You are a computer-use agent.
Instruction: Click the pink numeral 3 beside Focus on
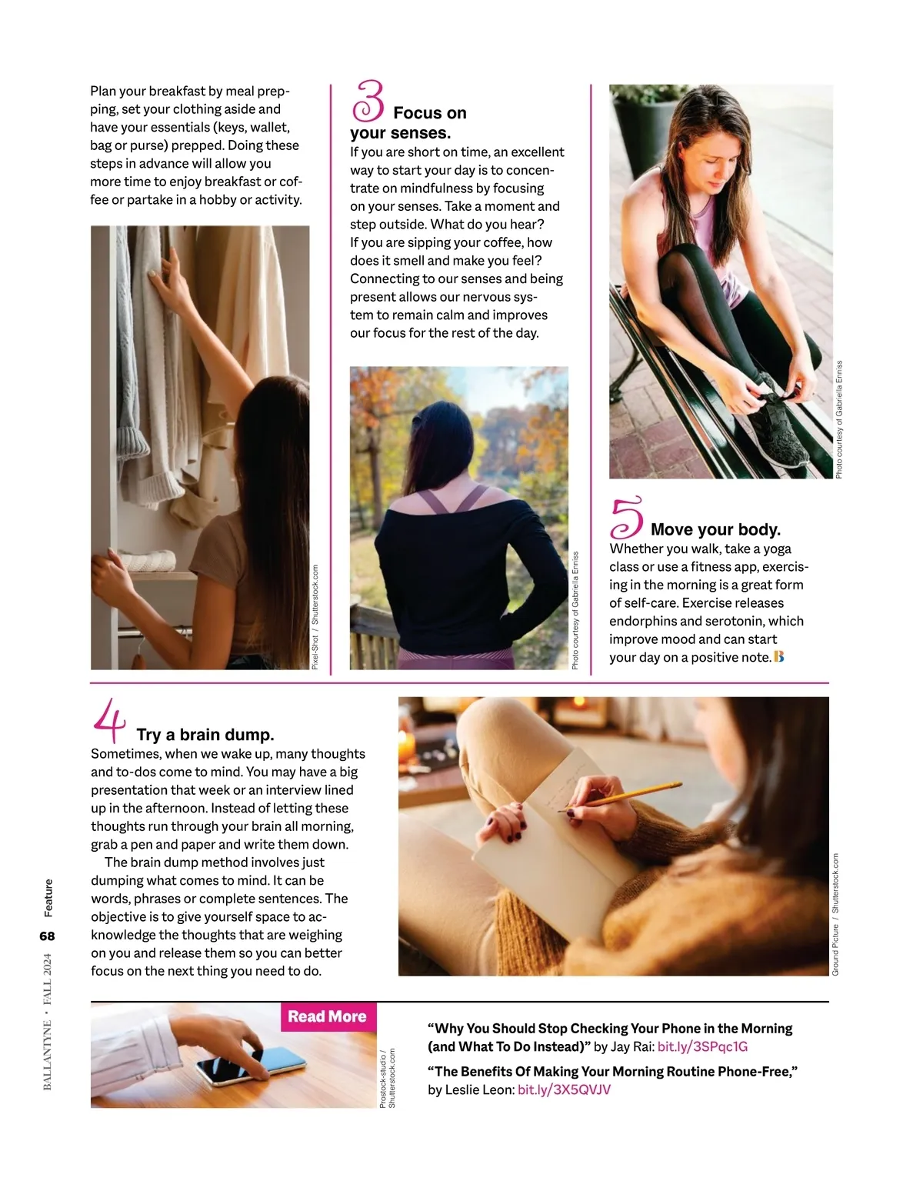[x=369, y=101]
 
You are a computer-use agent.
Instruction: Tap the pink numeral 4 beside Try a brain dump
[x=110, y=720]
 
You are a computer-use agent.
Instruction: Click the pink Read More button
[x=328, y=1016]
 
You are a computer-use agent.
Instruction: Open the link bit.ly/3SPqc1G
[x=702, y=1047]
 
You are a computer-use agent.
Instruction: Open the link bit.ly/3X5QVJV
[x=564, y=1089]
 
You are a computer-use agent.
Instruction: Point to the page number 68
[x=47, y=936]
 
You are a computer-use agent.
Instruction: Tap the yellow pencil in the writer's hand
[x=620, y=797]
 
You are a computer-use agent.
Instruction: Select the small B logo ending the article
[x=779, y=656]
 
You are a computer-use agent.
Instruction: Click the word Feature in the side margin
[x=48, y=898]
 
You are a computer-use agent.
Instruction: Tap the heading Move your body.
[x=715, y=529]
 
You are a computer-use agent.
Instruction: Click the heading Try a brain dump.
[x=205, y=735]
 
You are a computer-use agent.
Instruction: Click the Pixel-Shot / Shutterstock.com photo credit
[x=315, y=617]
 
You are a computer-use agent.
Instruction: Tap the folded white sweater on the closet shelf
[x=147, y=560]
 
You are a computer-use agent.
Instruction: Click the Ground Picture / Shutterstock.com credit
[x=835, y=915]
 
